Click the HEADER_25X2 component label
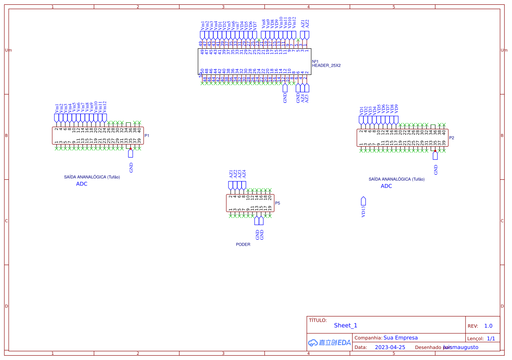326,65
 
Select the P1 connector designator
147,136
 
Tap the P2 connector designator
451,138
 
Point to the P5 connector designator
277,203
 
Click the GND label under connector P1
131,167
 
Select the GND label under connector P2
435,169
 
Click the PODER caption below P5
243,245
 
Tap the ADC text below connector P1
82,184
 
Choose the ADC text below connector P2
386,186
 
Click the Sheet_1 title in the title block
345,326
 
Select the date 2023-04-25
390,347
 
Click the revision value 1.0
488,326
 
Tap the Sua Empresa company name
400,338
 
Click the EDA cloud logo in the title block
329,343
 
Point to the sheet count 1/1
491,339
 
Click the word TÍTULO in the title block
317,320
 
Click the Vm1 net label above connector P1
57,107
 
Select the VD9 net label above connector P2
396,108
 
